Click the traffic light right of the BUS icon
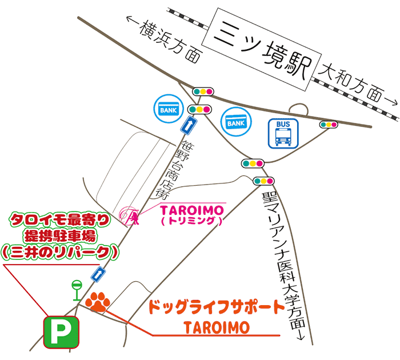coord(329,124)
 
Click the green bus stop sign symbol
coord(76,289)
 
